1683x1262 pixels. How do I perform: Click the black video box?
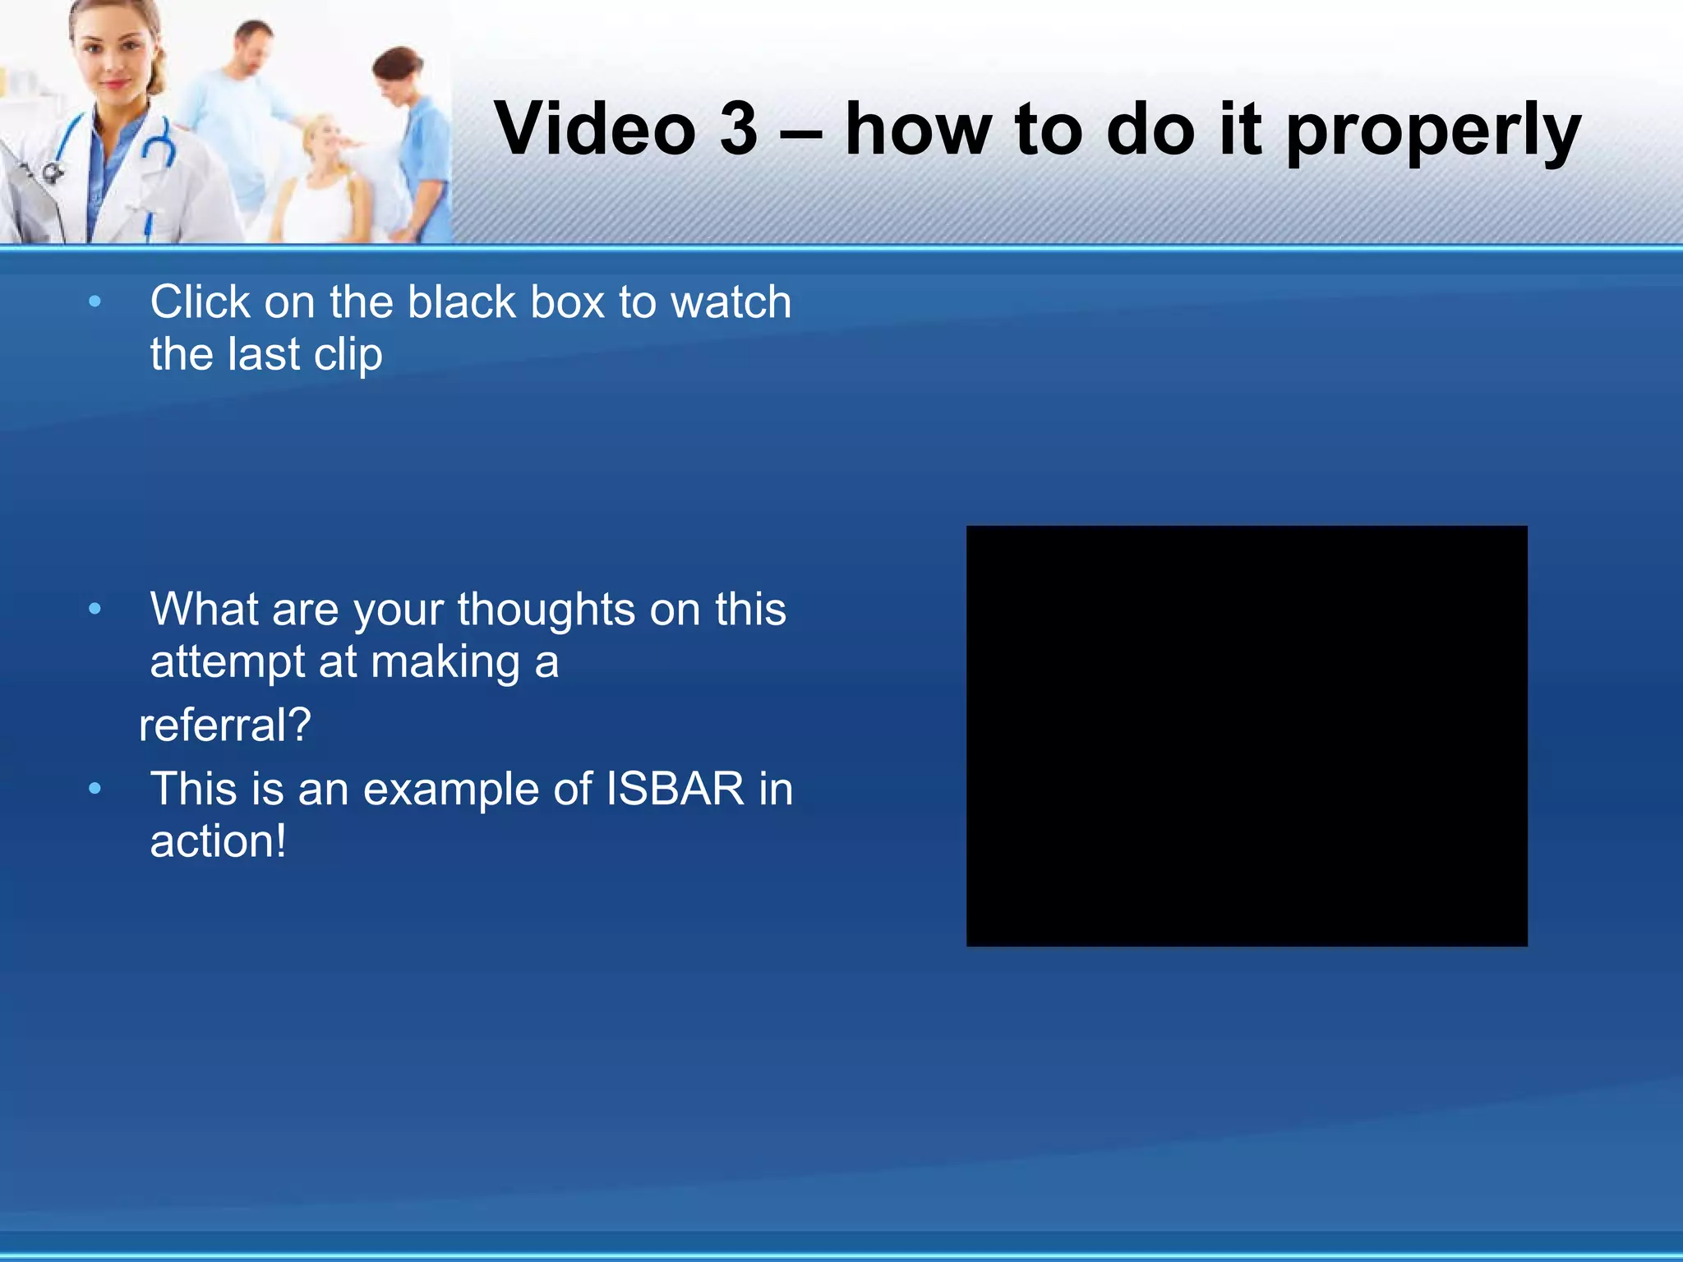point(1247,736)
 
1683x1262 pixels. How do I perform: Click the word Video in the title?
point(596,129)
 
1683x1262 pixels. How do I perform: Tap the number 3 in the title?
point(738,129)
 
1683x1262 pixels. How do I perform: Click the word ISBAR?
point(675,789)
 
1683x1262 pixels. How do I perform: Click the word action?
point(219,841)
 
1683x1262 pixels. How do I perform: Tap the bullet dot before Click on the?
point(95,302)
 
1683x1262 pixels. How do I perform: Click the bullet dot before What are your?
point(95,610)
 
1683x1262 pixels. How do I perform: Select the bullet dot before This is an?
point(95,789)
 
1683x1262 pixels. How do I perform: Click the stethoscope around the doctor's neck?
point(156,148)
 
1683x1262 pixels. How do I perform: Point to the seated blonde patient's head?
point(327,140)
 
